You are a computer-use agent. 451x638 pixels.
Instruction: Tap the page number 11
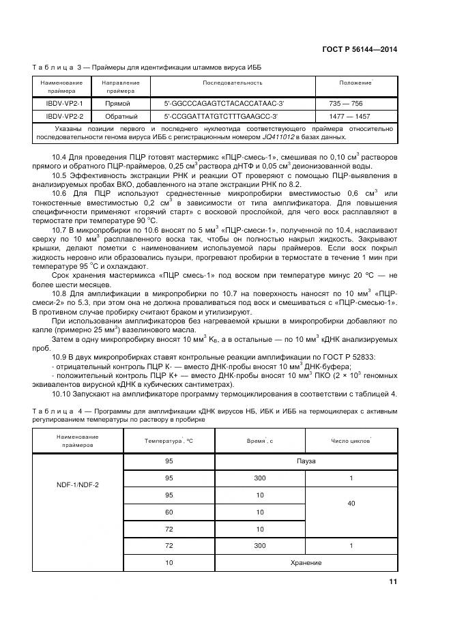[392, 581]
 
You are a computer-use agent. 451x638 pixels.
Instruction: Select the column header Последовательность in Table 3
[232, 83]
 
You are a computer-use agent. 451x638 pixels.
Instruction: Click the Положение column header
[355, 83]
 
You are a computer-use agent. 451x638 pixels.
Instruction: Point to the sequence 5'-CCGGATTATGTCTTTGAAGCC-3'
[222, 117]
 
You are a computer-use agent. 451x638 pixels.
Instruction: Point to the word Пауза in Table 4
[306, 461]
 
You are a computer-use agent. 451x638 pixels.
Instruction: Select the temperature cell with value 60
[169, 512]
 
